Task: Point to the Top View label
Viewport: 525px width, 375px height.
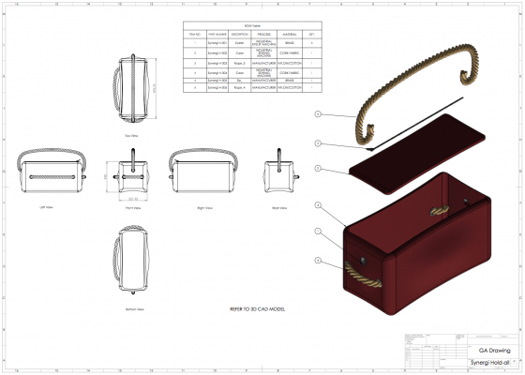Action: [x=133, y=133]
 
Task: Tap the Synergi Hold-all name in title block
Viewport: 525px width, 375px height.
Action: [x=488, y=362]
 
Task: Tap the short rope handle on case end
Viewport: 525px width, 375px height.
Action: [x=361, y=275]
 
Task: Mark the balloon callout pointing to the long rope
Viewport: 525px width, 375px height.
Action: [x=318, y=114]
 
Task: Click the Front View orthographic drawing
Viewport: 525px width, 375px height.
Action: [x=133, y=175]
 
